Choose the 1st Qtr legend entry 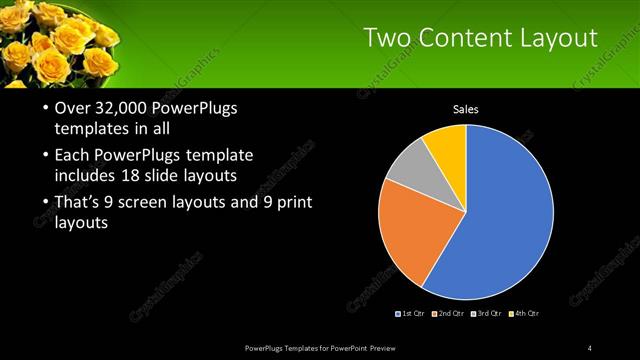pos(414,314)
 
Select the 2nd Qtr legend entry pos(451,314)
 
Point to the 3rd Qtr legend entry pos(488,314)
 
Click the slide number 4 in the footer pos(590,347)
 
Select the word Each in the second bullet pos(73,156)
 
